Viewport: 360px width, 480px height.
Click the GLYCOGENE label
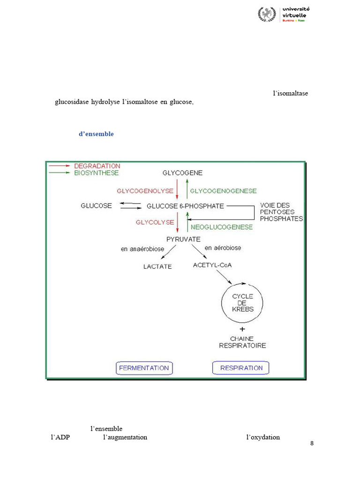(x=182, y=173)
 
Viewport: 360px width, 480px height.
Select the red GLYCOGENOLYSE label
(x=145, y=191)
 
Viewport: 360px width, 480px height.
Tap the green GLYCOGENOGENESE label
(x=224, y=191)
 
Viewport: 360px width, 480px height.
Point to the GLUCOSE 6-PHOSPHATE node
(x=185, y=206)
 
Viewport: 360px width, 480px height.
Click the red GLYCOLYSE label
(x=155, y=222)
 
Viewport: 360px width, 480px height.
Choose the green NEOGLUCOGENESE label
(x=222, y=227)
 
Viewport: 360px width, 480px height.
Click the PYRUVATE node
(x=183, y=240)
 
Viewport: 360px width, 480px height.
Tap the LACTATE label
(x=157, y=267)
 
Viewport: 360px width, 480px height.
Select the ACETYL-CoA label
(x=212, y=265)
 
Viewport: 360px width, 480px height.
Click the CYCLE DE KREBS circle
(x=222, y=303)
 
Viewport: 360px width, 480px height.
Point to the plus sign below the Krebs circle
(x=242, y=329)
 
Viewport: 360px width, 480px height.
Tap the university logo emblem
(x=267, y=14)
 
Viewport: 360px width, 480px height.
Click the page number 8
(x=312, y=443)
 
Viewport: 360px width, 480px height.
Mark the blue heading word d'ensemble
(x=96, y=134)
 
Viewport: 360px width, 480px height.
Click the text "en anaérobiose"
(x=142, y=249)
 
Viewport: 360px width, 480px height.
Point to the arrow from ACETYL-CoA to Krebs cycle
(x=224, y=277)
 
